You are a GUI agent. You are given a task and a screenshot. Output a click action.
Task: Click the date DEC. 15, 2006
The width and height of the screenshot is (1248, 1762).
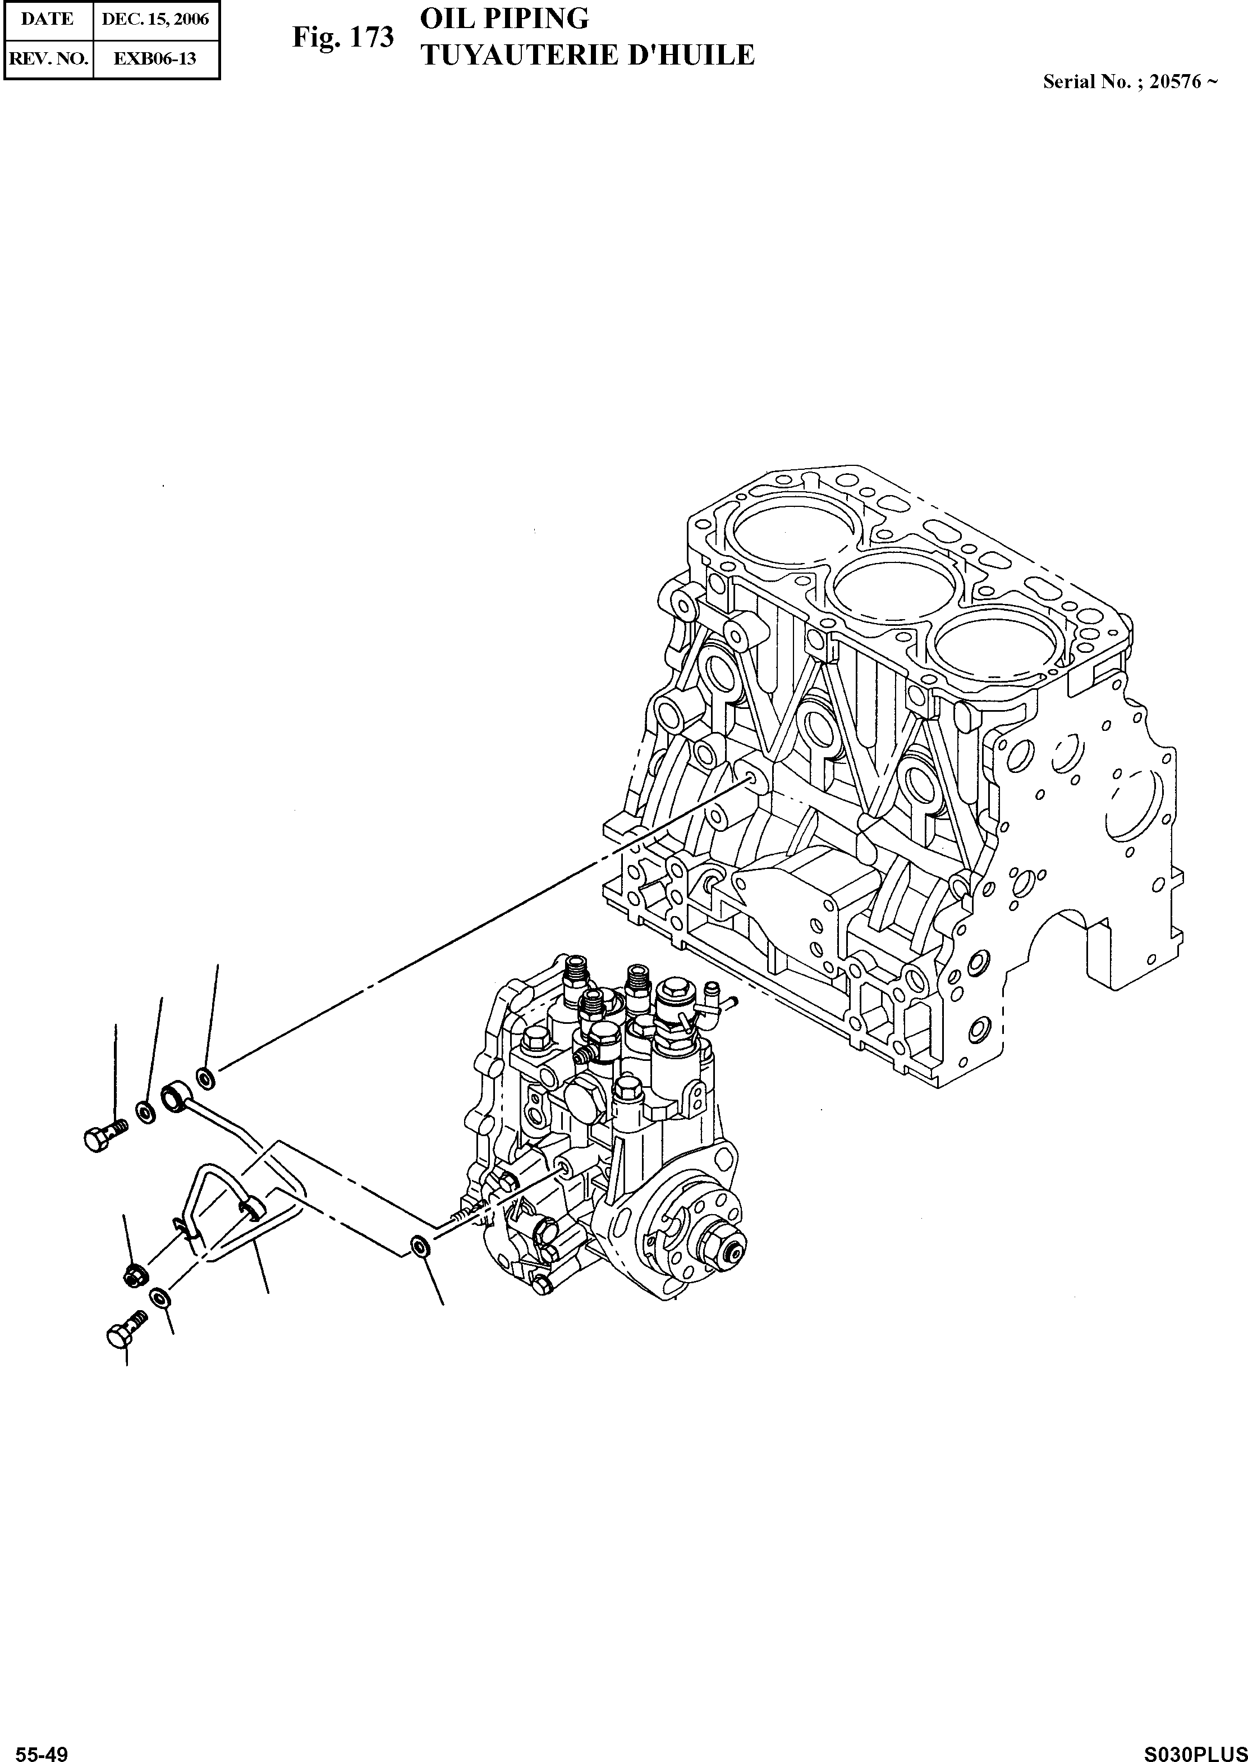point(155,19)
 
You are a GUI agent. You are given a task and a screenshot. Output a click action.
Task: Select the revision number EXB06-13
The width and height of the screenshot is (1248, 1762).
point(155,58)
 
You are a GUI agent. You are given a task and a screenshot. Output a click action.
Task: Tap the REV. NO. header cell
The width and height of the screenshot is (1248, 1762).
point(47,58)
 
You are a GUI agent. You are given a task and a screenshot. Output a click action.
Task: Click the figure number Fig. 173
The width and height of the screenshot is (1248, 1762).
point(343,37)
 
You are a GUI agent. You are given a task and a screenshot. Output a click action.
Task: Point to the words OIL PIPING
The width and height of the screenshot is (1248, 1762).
point(504,19)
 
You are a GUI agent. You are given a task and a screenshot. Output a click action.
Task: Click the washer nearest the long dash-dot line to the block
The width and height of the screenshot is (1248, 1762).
point(205,1077)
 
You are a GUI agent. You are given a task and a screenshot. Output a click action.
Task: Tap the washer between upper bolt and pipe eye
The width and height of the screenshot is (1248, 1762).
point(144,1111)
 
